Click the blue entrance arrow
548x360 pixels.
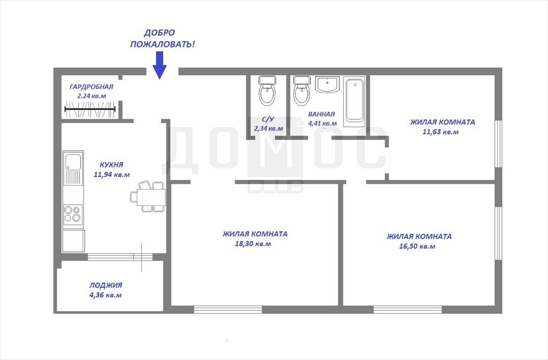click(159, 65)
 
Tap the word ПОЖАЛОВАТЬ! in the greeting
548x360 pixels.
click(163, 44)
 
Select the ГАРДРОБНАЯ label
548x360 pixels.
click(91, 87)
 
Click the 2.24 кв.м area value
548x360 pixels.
click(92, 96)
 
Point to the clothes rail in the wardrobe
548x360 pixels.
click(90, 109)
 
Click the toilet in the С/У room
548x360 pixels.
click(268, 91)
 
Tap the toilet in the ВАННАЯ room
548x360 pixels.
click(302, 91)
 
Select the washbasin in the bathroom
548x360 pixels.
click(327, 85)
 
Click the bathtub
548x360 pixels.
click(354, 102)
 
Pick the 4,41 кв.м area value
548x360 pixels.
click(322, 123)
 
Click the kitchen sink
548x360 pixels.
click(73, 167)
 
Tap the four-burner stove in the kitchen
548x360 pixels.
click(73, 213)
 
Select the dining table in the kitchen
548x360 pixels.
click(151, 197)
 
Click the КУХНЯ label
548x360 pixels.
click(111, 165)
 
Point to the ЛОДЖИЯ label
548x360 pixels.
click(105, 285)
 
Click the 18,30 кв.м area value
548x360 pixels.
click(253, 244)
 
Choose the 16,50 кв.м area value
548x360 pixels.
click(417, 246)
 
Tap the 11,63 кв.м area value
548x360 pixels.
click(440, 132)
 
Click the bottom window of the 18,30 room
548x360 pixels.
click(228, 309)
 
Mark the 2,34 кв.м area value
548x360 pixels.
click(269, 128)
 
